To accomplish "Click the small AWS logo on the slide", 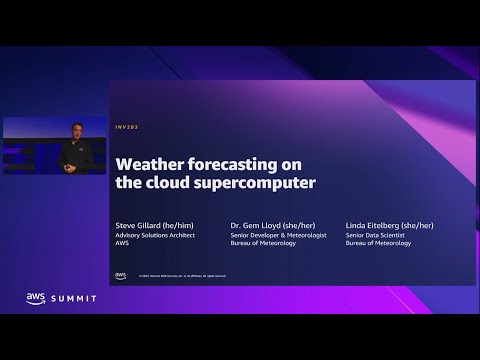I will pos(121,274).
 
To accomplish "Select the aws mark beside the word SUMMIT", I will pos(36,298).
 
